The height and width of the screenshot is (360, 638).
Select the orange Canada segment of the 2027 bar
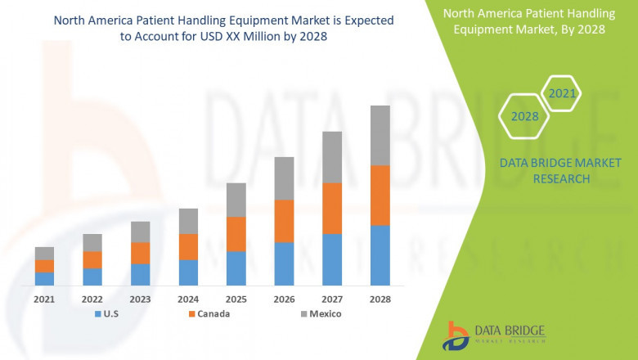[332, 208]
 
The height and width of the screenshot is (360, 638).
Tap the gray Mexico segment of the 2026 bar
[284, 178]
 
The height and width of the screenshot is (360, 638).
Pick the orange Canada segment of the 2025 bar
[236, 234]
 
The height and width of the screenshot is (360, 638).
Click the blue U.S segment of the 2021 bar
[44, 278]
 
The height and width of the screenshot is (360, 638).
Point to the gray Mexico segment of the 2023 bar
[140, 232]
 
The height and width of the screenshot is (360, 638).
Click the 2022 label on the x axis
[92, 299]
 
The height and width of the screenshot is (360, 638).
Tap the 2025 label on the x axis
[236, 299]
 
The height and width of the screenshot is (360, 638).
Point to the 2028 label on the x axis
[380, 299]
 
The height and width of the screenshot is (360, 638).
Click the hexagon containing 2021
[562, 93]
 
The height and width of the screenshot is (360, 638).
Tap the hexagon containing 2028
[524, 116]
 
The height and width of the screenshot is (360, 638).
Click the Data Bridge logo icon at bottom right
[456, 334]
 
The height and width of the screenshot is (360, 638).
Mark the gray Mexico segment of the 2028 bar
[380, 135]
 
